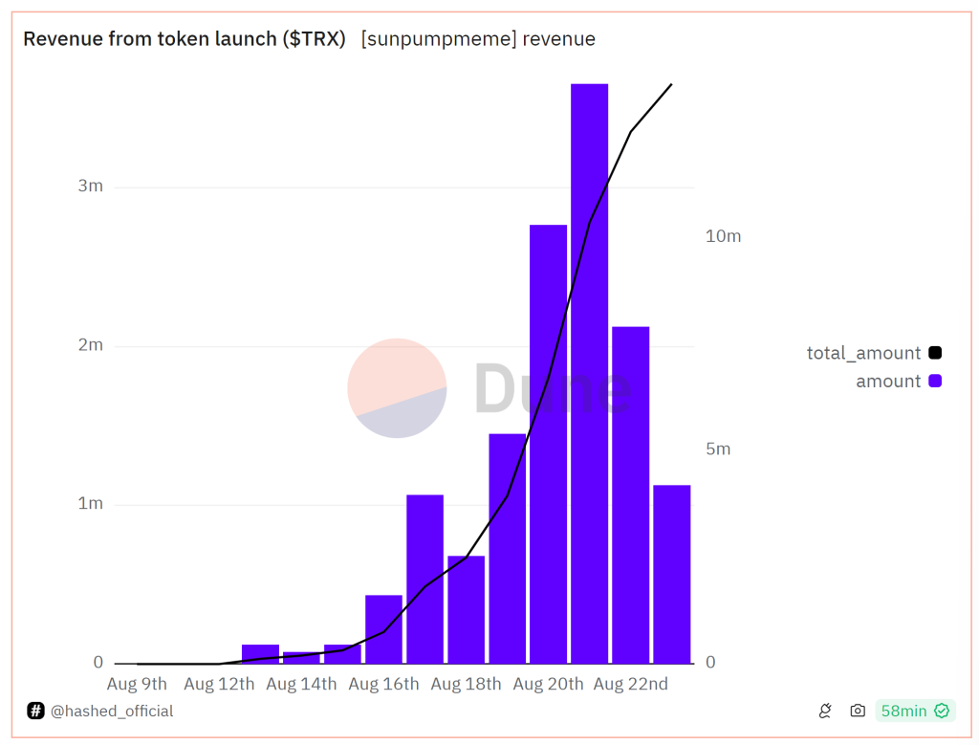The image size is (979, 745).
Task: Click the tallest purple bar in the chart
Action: (x=589, y=373)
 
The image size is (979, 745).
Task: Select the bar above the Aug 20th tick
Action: (x=548, y=444)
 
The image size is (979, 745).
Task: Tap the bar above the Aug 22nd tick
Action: (x=630, y=494)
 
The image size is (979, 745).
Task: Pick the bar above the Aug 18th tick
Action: (x=466, y=609)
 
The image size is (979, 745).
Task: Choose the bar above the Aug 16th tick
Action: (x=383, y=629)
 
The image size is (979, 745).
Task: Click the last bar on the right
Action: (x=671, y=574)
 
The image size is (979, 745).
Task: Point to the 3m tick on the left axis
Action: (x=91, y=186)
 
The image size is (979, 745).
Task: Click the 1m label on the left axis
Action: (x=91, y=504)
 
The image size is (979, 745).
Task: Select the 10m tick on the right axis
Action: (x=723, y=236)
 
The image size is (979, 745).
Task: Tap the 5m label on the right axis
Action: (x=718, y=449)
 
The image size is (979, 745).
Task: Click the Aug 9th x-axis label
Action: (x=137, y=684)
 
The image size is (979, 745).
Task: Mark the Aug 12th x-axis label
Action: (x=219, y=684)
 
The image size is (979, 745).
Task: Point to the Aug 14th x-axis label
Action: (x=301, y=684)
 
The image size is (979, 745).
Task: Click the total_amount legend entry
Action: (x=863, y=353)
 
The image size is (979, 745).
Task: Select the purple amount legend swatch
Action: (x=935, y=381)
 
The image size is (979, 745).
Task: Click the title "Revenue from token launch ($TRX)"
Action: (x=185, y=39)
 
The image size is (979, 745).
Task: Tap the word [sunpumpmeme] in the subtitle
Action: (x=438, y=39)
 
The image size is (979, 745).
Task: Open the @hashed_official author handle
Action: (x=111, y=711)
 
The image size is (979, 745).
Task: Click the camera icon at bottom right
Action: (x=858, y=711)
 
